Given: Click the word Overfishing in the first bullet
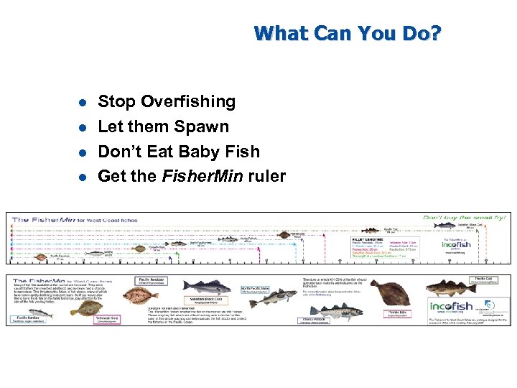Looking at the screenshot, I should coord(188,102).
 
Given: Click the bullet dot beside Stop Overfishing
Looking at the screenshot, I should coord(83,103).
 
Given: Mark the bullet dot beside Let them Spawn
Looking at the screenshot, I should coord(83,128).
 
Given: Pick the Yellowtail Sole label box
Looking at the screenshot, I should coord(109,318).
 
